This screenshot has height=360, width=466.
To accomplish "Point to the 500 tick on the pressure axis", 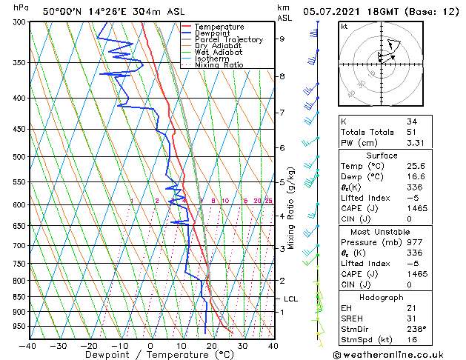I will click(15, 157).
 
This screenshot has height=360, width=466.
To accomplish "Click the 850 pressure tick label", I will click(15, 297).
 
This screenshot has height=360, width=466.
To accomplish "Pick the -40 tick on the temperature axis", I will click(28, 345).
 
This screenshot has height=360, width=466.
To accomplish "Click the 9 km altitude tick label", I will click(282, 39).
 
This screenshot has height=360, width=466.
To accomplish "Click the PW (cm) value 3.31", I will click(416, 143).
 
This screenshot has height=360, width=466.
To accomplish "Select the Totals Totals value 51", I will click(412, 132).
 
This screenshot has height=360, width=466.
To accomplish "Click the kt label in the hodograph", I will click(344, 26).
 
